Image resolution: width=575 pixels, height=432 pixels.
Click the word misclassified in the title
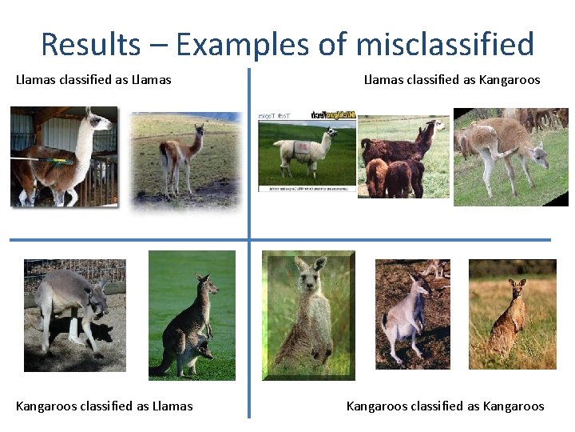click(x=445, y=44)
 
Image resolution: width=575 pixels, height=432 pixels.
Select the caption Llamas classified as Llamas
click(x=93, y=79)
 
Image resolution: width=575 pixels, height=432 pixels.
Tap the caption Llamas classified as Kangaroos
click(x=452, y=79)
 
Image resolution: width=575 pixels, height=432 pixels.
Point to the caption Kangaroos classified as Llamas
click(x=104, y=406)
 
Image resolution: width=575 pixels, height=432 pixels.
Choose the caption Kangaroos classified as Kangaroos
click(x=445, y=406)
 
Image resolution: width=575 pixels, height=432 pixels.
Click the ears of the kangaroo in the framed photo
click(x=307, y=263)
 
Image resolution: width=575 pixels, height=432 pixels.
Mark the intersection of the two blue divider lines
click(x=249, y=239)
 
